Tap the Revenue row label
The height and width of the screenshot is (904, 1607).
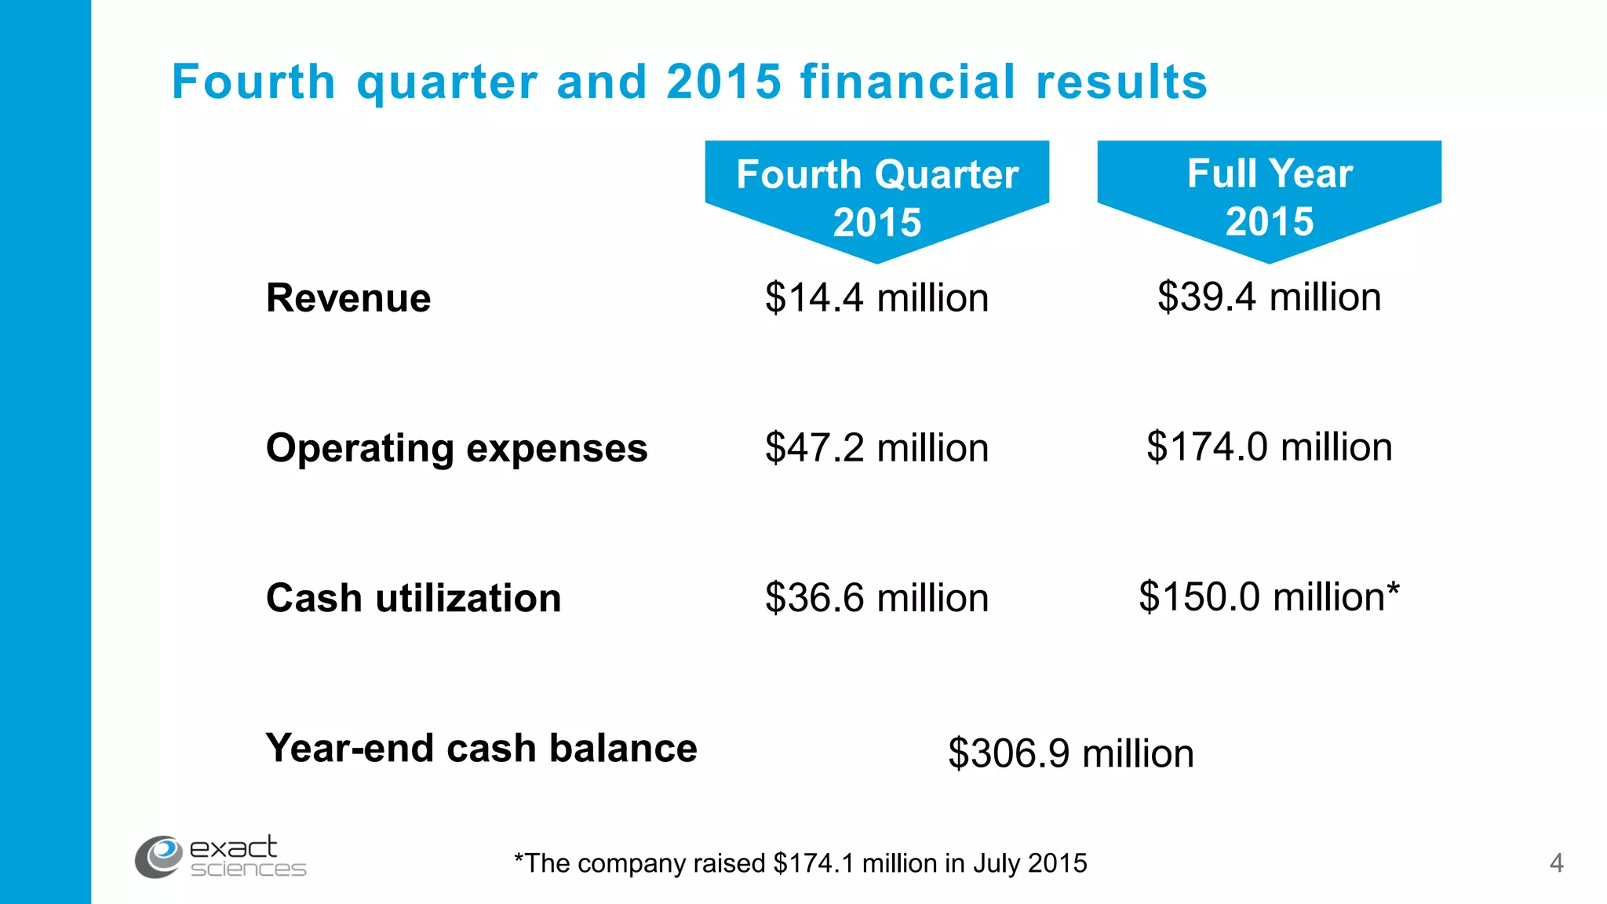click(x=348, y=298)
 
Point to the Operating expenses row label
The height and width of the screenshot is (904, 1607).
click(x=457, y=448)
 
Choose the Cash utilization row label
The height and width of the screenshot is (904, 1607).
click(x=414, y=598)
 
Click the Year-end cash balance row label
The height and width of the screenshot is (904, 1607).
click(x=481, y=748)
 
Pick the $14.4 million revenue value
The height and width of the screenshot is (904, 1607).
click(x=876, y=298)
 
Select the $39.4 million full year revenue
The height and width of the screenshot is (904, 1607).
click(x=1269, y=297)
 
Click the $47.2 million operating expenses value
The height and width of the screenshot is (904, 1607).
click(x=876, y=448)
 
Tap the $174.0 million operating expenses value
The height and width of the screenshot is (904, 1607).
click(x=1269, y=447)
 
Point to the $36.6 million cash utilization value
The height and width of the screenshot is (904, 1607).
click(x=876, y=598)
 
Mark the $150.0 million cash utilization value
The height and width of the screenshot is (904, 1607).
click(x=1261, y=597)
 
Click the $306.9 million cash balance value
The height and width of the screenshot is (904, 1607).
click(x=1070, y=753)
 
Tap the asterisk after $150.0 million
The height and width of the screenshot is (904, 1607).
click(x=1393, y=589)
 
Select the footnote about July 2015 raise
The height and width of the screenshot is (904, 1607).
click(x=800, y=863)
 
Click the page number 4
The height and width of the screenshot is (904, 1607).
click(x=1557, y=863)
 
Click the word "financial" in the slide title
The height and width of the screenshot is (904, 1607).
click(x=908, y=82)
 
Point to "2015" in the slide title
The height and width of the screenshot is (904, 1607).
click(x=723, y=82)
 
